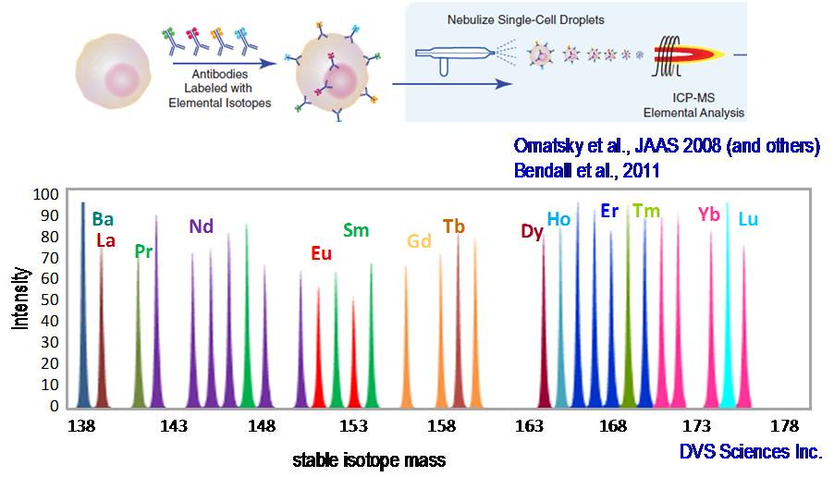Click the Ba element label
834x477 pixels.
(103, 219)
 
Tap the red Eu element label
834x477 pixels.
(321, 253)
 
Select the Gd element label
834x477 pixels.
(419, 242)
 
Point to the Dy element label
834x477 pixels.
(532, 232)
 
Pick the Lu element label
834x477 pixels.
(748, 219)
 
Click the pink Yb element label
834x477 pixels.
(709, 214)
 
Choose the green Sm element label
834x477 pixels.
(356, 230)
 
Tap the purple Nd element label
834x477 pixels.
(202, 226)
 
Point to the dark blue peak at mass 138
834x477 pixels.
(83, 305)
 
